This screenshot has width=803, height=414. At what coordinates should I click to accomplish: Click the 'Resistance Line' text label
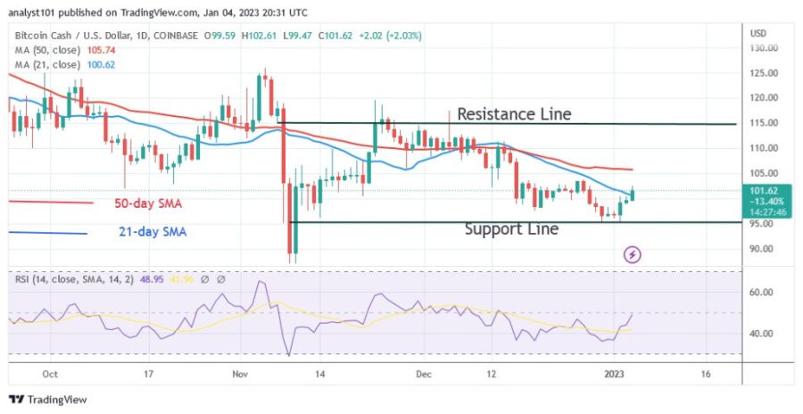514,113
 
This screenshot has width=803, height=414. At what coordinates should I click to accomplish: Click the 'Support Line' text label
511,229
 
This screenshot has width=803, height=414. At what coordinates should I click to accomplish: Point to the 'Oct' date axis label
50,375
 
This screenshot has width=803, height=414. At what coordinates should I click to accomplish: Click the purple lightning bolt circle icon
633,254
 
